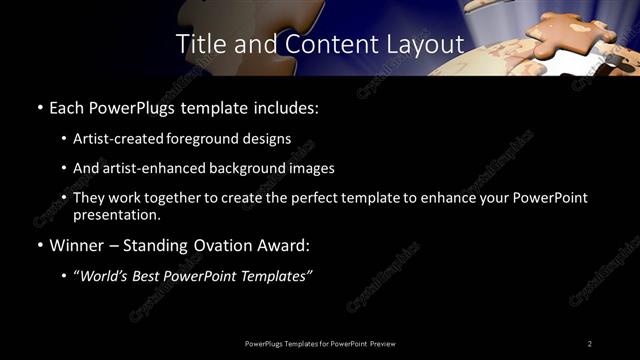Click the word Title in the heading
198,44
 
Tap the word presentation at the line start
117,214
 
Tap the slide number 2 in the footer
590,343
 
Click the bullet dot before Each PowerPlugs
38,106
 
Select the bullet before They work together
64,198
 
